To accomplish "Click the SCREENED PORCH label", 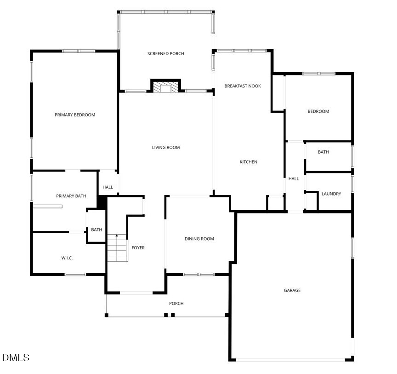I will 165,54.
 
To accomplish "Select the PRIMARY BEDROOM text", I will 75,115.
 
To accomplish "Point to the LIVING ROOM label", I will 166,148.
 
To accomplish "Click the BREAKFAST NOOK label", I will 243,86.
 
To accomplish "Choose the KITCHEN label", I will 249,162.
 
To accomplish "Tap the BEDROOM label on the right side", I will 318,111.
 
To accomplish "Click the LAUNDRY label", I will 331,194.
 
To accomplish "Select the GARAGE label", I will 292,290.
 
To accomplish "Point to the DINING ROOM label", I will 199,239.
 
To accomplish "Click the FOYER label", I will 138,248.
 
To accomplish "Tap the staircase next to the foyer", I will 117,249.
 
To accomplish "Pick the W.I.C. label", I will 67,258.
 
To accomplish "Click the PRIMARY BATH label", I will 71,196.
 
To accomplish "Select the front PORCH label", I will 176,304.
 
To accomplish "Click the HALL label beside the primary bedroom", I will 108,187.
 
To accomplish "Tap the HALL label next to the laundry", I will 294,179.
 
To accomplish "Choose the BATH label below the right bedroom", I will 323,152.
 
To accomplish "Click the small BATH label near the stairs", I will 96,230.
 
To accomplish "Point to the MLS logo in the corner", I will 16,357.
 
